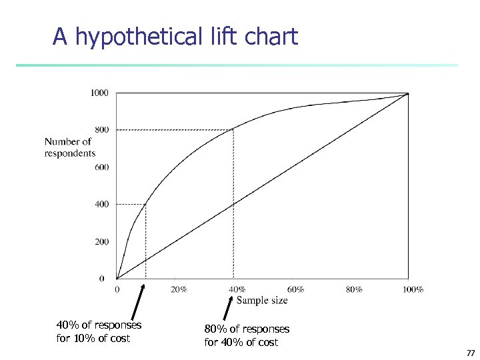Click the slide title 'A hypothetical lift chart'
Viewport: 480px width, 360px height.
pyautogui.click(x=175, y=37)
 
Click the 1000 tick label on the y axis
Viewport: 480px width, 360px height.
pyautogui.click(x=99, y=93)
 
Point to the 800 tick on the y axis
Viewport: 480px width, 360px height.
pyautogui.click(x=101, y=130)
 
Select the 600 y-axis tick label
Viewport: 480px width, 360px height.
pyautogui.click(x=101, y=167)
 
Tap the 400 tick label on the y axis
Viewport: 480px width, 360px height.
pyautogui.click(x=101, y=204)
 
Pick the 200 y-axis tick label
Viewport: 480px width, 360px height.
pyautogui.click(x=101, y=241)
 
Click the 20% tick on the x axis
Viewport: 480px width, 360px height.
pyautogui.click(x=178, y=289)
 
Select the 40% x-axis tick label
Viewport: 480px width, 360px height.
pyautogui.click(x=237, y=289)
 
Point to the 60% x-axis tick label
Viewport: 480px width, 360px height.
pyautogui.click(x=295, y=289)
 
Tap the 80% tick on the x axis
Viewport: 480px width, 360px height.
pyautogui.click(x=354, y=289)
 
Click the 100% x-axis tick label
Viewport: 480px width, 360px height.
pyautogui.click(x=413, y=289)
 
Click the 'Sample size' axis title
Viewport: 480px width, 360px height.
pyautogui.click(x=262, y=301)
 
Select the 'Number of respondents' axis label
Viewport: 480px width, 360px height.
pyautogui.click(x=69, y=147)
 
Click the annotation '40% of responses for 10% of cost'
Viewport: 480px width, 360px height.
pyautogui.click(x=99, y=331)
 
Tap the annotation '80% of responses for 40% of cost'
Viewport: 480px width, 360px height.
pyautogui.click(x=247, y=335)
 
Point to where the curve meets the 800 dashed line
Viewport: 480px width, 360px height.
pyautogui.click(x=233, y=129)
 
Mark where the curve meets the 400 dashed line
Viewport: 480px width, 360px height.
pyautogui.click(x=146, y=204)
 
